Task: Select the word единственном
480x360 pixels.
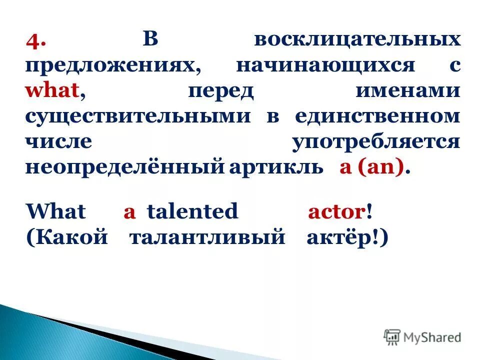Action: pos(377,116)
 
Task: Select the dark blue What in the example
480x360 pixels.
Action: pos(55,211)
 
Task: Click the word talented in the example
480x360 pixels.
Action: pos(192,211)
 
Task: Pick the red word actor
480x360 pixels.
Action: pos(335,211)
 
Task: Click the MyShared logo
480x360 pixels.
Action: pos(422,336)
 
